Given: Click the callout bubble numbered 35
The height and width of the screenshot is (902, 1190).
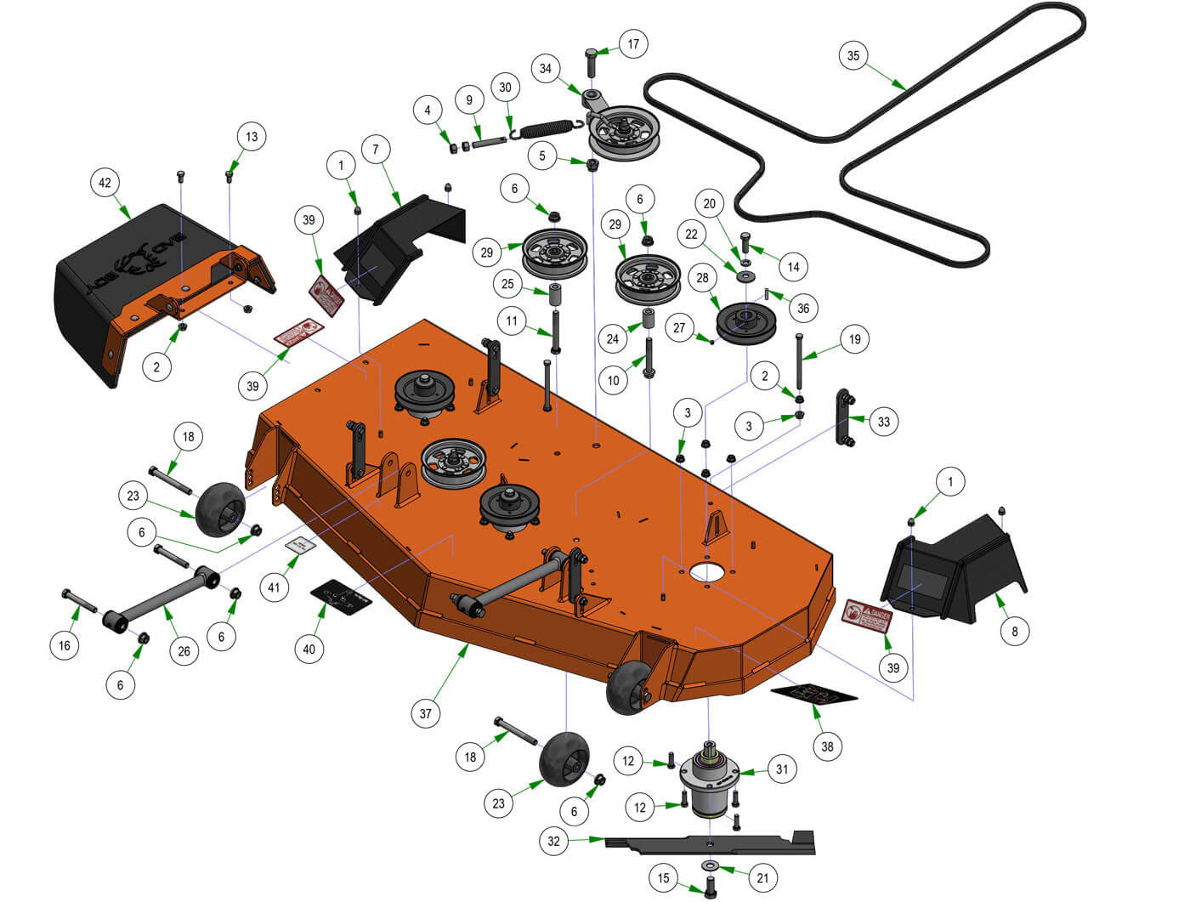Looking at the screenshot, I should click(853, 56).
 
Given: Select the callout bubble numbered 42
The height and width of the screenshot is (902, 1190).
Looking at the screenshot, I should click(105, 183).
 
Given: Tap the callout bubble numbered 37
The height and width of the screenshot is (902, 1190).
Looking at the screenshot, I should click(426, 713).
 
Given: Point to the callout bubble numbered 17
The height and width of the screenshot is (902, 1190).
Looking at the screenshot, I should click(632, 43).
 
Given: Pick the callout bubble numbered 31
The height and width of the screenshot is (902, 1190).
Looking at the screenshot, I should click(782, 769).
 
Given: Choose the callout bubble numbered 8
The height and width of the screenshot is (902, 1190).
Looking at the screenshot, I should click(1014, 631).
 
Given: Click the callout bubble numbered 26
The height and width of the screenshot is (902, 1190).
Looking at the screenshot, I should click(184, 652).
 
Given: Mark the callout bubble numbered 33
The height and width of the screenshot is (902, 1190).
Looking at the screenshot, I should click(884, 421).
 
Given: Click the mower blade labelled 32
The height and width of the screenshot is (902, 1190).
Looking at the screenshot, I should click(710, 842).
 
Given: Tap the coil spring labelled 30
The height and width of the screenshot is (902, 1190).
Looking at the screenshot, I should click(548, 129).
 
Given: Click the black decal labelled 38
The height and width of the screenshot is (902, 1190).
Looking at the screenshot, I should click(813, 695).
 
